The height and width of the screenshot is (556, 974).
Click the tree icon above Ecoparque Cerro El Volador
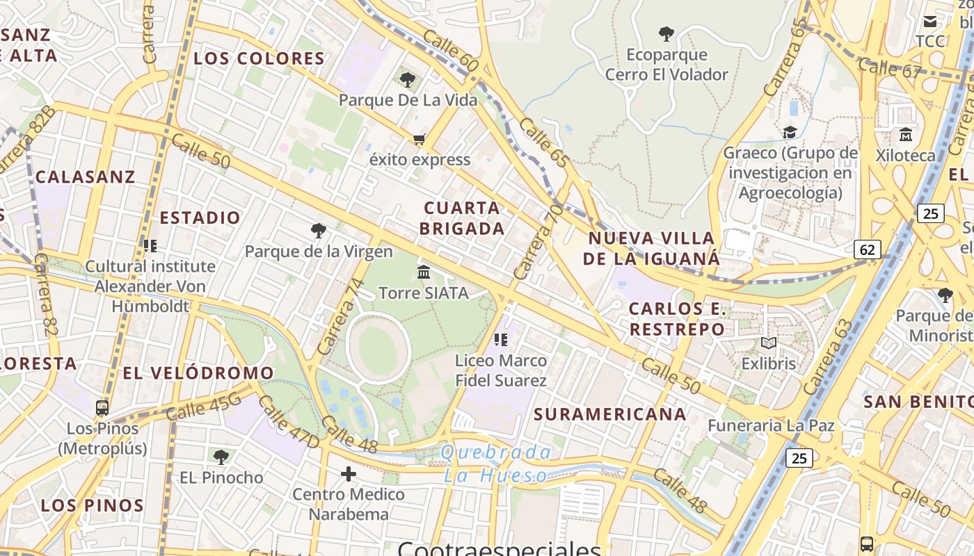[x=666, y=33]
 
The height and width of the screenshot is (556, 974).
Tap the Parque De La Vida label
[x=408, y=100]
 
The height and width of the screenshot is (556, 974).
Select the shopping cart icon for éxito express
[x=419, y=140]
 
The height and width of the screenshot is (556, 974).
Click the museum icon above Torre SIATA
[x=424, y=272]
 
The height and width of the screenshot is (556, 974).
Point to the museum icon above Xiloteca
[x=906, y=134]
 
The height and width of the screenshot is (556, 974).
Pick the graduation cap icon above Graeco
[x=790, y=132]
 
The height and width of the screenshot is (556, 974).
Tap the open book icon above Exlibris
[x=768, y=343]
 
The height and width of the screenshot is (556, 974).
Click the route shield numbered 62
[x=868, y=249]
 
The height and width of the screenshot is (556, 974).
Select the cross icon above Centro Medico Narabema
[x=349, y=474]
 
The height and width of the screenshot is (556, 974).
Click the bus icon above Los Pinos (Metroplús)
[x=102, y=408]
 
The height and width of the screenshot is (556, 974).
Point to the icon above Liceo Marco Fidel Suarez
[x=500, y=340]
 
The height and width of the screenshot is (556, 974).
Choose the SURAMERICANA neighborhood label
[x=610, y=414]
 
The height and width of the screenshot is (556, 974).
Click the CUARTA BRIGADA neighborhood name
[x=462, y=218]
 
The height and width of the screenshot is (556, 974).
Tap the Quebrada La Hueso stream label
[x=496, y=464]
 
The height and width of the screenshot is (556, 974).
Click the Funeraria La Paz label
[x=771, y=425]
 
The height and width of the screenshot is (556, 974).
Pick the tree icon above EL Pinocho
[x=221, y=457]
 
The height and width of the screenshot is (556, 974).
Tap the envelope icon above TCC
[x=929, y=22]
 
